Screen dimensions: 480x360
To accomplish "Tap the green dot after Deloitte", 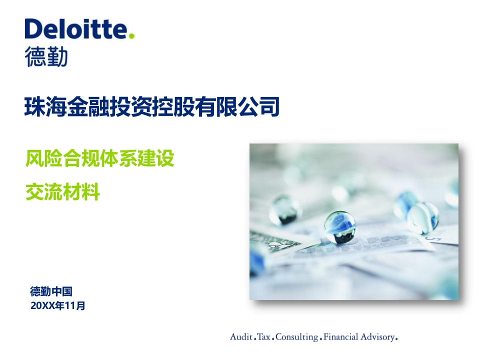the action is [x=131, y=35].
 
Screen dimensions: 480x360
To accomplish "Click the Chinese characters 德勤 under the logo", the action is [x=46, y=56].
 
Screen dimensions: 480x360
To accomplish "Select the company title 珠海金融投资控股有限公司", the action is [x=152, y=106].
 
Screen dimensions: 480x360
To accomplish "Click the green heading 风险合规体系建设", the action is [x=100, y=158].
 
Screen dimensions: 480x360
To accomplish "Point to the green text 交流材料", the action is [x=63, y=192].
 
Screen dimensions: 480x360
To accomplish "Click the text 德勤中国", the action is [x=51, y=291].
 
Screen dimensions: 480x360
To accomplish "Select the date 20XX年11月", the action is [x=58, y=305].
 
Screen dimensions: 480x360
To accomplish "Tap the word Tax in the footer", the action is [x=264, y=337].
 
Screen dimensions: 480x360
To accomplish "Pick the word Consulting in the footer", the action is [x=297, y=337].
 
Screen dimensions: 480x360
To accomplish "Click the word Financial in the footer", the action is [x=340, y=337].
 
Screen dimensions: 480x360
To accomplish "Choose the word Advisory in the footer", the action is [x=378, y=337].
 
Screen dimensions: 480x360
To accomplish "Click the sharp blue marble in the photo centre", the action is [x=340, y=227].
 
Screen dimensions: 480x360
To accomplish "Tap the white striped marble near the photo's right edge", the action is [x=423, y=217].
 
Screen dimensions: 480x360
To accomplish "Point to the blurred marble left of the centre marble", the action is [x=284, y=210].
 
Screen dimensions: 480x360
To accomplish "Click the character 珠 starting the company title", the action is [x=35, y=106].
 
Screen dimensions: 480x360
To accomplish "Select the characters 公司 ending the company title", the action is [x=258, y=106].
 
